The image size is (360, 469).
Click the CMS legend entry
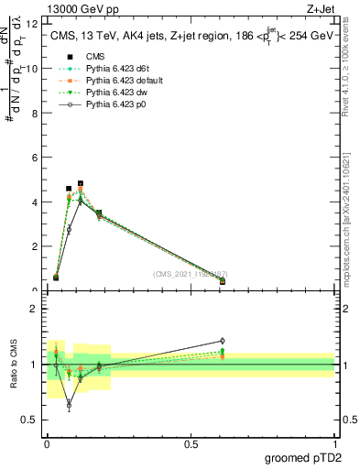[x=96, y=55]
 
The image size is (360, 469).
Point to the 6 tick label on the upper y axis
[x=35, y=158]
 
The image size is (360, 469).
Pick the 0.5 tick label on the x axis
[x=191, y=444]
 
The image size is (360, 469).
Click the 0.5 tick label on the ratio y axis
[x=30, y=420]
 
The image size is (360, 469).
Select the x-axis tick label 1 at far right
[x=334, y=444]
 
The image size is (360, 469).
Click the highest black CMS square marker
[x=81, y=183]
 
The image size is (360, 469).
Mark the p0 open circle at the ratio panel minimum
[x=69, y=404]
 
